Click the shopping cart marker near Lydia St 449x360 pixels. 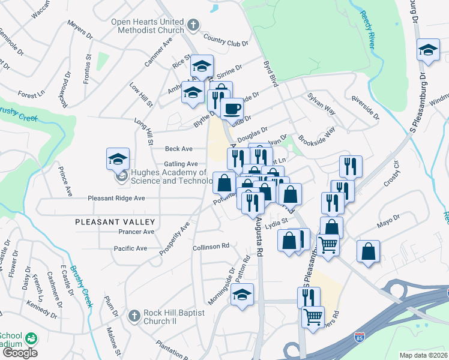coord(328,244)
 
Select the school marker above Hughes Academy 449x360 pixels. coord(118,158)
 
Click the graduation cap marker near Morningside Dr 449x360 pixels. coord(242,294)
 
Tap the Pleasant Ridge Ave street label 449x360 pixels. coord(116,198)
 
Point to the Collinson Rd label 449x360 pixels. coord(211,246)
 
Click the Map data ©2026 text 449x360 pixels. coord(423,355)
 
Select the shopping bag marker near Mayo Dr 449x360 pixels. coord(368,251)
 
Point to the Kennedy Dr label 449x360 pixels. coord(41,304)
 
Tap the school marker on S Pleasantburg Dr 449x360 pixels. coord(428,50)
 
